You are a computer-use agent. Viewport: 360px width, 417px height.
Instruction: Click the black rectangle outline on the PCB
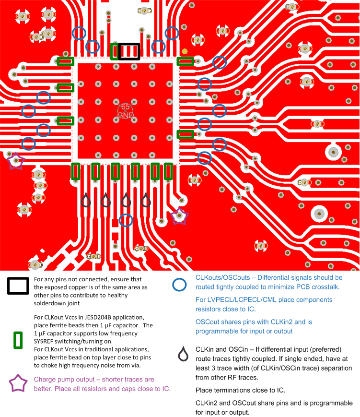129,51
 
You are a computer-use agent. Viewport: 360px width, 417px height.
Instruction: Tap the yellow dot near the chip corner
185,52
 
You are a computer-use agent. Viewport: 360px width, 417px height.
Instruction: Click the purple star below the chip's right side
179,216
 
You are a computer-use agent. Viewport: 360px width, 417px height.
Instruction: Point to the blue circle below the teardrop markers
126,220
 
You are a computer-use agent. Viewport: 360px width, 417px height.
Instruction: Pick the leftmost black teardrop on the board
86,200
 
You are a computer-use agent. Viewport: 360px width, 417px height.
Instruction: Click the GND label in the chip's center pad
125,115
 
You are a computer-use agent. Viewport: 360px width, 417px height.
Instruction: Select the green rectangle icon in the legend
18,339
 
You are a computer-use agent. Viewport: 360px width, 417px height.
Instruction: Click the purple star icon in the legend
18,383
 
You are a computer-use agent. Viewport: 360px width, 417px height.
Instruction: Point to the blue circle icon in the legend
179,285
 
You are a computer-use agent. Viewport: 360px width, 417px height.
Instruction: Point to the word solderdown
50,303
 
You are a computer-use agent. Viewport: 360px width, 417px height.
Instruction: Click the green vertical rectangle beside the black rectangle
114,51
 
